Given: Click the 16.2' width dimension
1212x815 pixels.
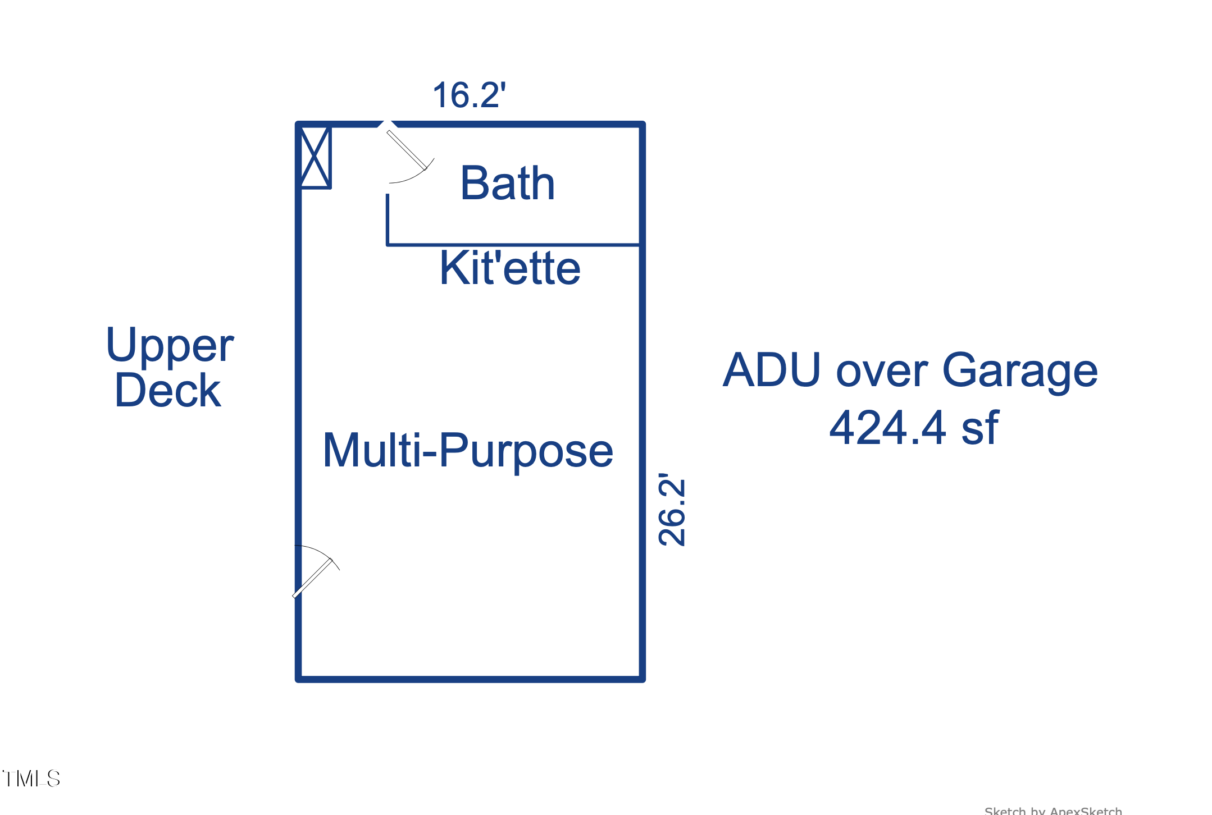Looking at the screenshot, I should pos(469,95).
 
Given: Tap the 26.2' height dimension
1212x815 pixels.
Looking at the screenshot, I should pos(672,509).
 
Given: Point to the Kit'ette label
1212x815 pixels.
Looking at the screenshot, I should pos(509,268).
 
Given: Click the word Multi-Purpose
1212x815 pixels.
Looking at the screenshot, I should pos(468,450).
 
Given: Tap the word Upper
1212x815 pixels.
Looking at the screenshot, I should pos(170,345).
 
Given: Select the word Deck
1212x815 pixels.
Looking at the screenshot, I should pos(167,391).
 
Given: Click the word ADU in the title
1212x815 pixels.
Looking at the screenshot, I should pos(772,370).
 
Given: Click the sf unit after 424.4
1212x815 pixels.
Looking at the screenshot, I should pos(980,428).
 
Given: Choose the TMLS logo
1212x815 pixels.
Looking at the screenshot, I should pos(31,779).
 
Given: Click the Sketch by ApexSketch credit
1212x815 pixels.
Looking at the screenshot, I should pos(1053,811).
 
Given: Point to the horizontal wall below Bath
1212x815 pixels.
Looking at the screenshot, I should pos(513,245).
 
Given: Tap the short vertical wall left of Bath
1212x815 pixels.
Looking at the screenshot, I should pos(388,219).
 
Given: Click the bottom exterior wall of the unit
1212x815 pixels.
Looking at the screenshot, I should pos(470,679).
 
